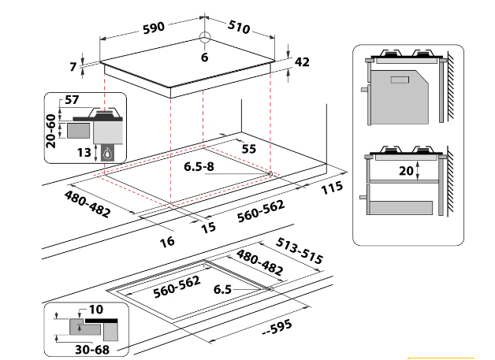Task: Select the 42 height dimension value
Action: (302, 62)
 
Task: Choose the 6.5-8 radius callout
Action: (199, 166)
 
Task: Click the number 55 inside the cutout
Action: (249, 148)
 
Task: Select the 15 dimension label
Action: (208, 228)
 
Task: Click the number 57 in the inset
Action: (72, 99)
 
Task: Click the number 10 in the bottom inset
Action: (96, 310)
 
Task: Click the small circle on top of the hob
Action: (204, 37)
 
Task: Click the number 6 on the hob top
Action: (203, 58)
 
